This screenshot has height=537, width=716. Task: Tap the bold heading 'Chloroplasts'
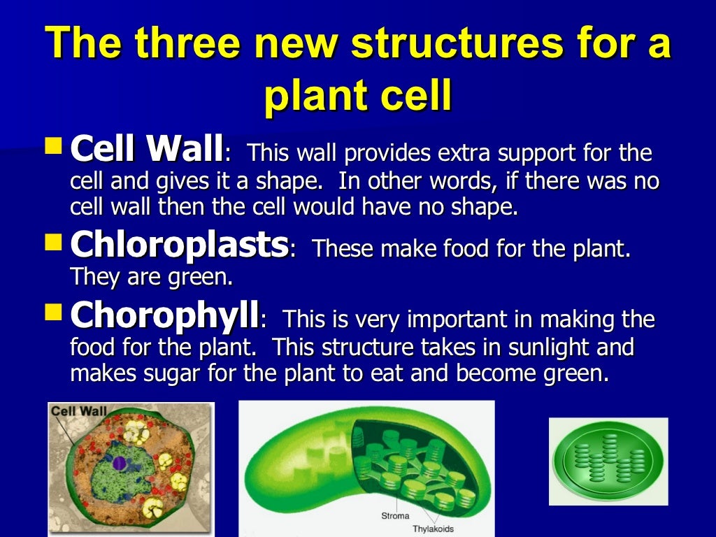pyautogui.click(x=180, y=245)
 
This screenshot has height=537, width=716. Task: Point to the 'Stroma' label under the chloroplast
pyautogui.click(x=395, y=516)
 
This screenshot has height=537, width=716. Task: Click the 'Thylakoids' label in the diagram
pyautogui.click(x=434, y=529)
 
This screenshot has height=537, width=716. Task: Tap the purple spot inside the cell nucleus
pyautogui.click(x=120, y=463)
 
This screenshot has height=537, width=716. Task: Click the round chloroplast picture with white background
pyautogui.click(x=608, y=461)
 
